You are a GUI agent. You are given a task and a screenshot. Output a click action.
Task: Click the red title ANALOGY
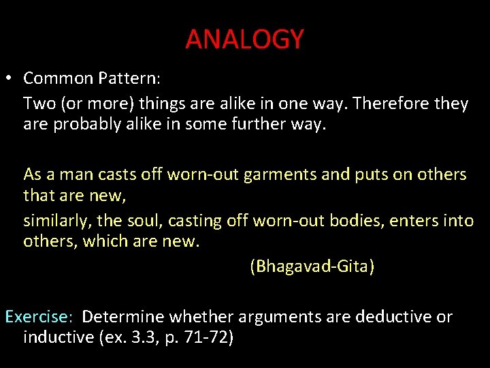click(x=244, y=40)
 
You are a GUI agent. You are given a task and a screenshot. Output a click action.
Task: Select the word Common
click(x=57, y=78)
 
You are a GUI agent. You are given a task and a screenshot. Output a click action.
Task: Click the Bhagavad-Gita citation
click(x=312, y=266)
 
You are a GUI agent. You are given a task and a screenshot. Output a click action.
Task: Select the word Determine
click(x=123, y=317)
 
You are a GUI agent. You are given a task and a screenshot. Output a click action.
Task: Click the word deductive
click(x=394, y=317)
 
